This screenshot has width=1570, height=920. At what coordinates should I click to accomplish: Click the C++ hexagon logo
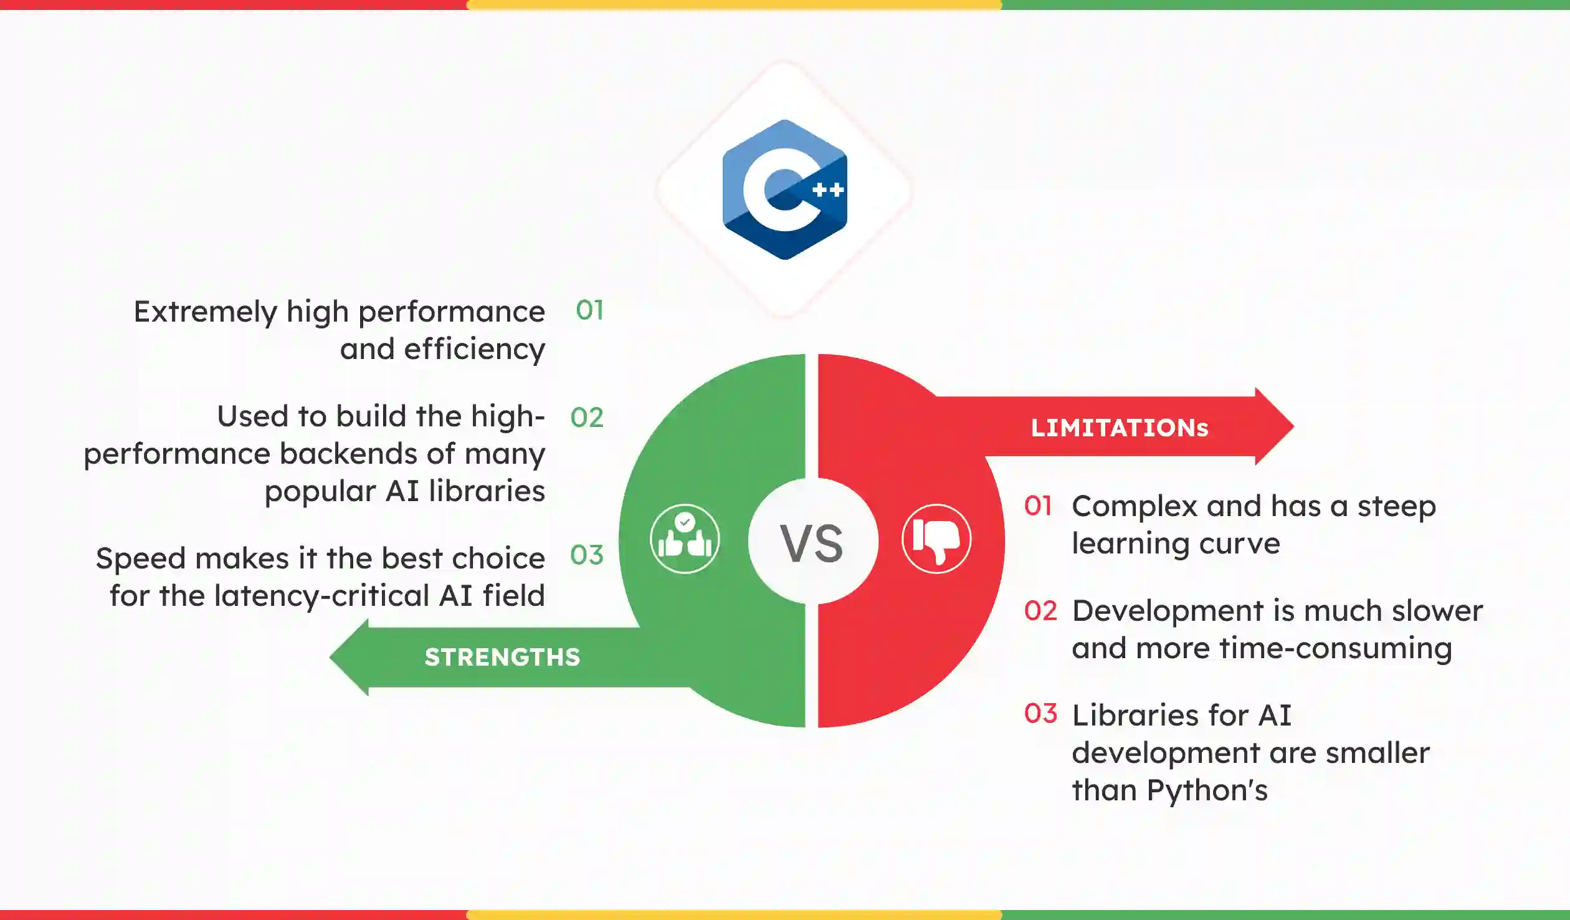click(x=784, y=189)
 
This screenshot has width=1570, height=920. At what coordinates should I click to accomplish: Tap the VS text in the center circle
click(x=812, y=544)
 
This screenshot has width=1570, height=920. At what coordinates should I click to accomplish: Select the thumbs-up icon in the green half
click(x=685, y=539)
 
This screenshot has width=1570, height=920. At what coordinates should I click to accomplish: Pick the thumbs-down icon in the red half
click(x=936, y=539)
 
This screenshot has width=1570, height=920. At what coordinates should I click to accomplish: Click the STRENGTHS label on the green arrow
click(x=502, y=657)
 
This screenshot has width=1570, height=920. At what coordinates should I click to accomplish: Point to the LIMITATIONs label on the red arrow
click(x=1120, y=428)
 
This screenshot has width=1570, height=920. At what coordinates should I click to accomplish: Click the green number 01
click(x=589, y=310)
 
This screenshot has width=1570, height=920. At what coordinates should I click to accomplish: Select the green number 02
click(x=587, y=418)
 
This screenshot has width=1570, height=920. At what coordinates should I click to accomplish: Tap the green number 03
click(x=587, y=555)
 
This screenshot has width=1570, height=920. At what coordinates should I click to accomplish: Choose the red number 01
click(x=1038, y=506)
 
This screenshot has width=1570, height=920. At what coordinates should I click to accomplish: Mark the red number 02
click(x=1040, y=611)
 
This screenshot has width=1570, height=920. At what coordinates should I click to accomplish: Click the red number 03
click(x=1040, y=714)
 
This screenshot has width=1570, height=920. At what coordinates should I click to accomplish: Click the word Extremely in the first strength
click(x=205, y=312)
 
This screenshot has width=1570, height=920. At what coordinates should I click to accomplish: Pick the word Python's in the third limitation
click(x=1207, y=790)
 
